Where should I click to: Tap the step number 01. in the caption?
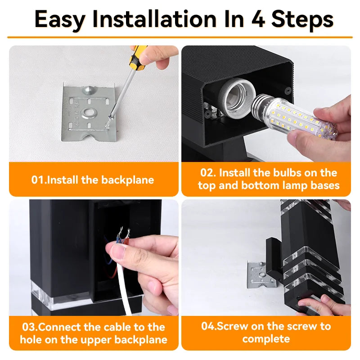coord(39,180)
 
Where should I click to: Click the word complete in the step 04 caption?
coord(266,339)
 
